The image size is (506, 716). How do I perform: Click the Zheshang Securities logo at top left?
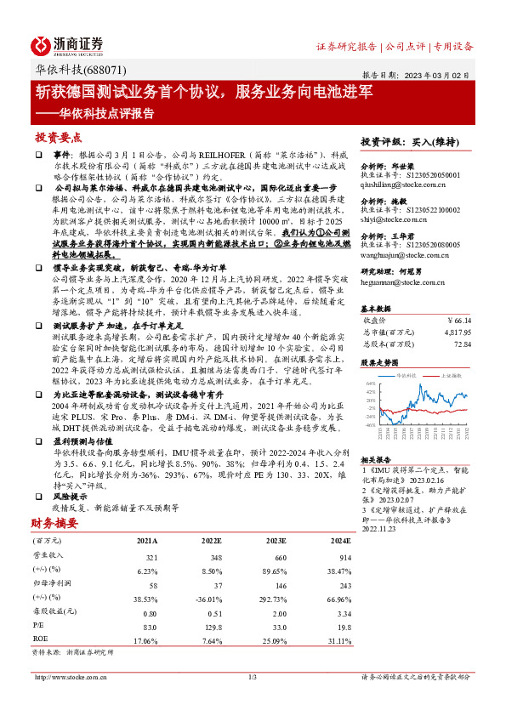pyautogui.click(x=67, y=44)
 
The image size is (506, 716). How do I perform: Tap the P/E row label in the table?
pyautogui.click(x=37, y=625)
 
